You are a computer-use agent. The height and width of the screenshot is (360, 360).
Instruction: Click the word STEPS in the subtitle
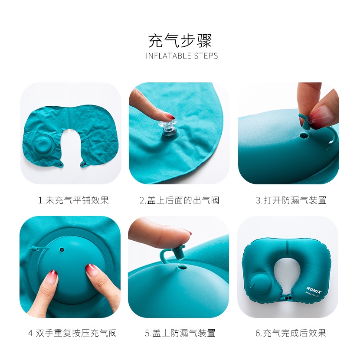coord(206,56)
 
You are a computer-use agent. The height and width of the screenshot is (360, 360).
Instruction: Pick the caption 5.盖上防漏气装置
coord(180,333)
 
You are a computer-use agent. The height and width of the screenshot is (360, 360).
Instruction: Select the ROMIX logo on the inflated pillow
coord(314,289)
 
